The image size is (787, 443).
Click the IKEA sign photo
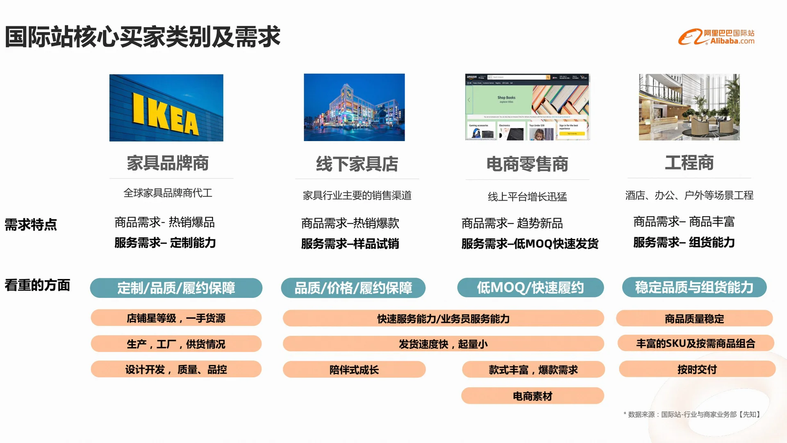pos(166,107)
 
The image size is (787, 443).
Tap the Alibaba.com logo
pos(716,37)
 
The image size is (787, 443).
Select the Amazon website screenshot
pos(527,107)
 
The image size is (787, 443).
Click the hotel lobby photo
pos(689,107)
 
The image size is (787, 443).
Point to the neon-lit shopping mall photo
pos(354,107)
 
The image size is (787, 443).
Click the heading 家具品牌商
pos(168,163)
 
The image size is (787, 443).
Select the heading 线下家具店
pos(357,164)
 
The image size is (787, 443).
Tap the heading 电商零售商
pos(527,164)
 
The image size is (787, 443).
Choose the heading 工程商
pos(689,163)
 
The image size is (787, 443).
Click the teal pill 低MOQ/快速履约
pos(530,288)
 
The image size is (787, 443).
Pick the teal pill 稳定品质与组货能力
pos(694,287)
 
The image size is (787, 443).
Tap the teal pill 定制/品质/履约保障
pos(176,288)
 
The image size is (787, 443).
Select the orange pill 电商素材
pos(532,396)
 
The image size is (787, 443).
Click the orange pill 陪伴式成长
pos(354,370)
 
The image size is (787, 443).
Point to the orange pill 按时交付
pos(697,369)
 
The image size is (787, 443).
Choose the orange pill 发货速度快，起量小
pos(443,344)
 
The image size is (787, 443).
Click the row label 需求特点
pos(31,224)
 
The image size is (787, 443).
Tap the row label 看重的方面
pos(37,285)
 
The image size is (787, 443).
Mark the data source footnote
pos(692,414)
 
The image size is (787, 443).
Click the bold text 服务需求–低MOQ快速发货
pos(530,244)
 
